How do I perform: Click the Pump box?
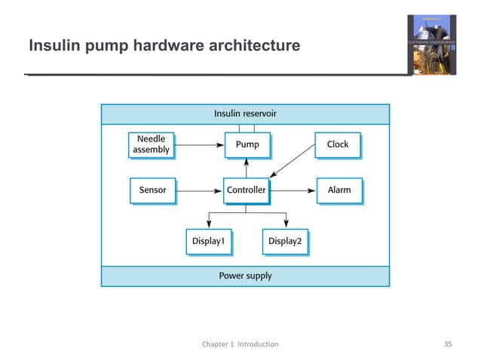pyautogui.click(x=247, y=145)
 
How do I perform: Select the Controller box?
pyautogui.click(x=247, y=191)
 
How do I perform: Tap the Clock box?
pyautogui.click(x=337, y=145)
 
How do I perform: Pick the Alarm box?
pyautogui.click(x=339, y=191)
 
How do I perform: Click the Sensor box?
pyautogui.click(x=152, y=191)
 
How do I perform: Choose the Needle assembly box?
pyautogui.click(x=151, y=145)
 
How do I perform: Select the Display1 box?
pyautogui.click(x=208, y=242)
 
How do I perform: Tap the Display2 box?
pyautogui.click(x=285, y=242)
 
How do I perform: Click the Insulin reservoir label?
pyautogui.click(x=245, y=114)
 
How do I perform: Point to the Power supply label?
pyautogui.click(x=245, y=276)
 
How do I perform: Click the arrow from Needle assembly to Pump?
pyautogui.click(x=198, y=144)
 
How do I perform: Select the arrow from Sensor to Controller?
pyautogui.click(x=199, y=191)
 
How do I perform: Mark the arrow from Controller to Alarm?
pyautogui.click(x=293, y=191)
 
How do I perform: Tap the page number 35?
pyautogui.click(x=448, y=344)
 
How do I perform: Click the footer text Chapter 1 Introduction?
pyautogui.click(x=240, y=344)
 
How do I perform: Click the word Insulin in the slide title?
pyautogui.click(x=52, y=47)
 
